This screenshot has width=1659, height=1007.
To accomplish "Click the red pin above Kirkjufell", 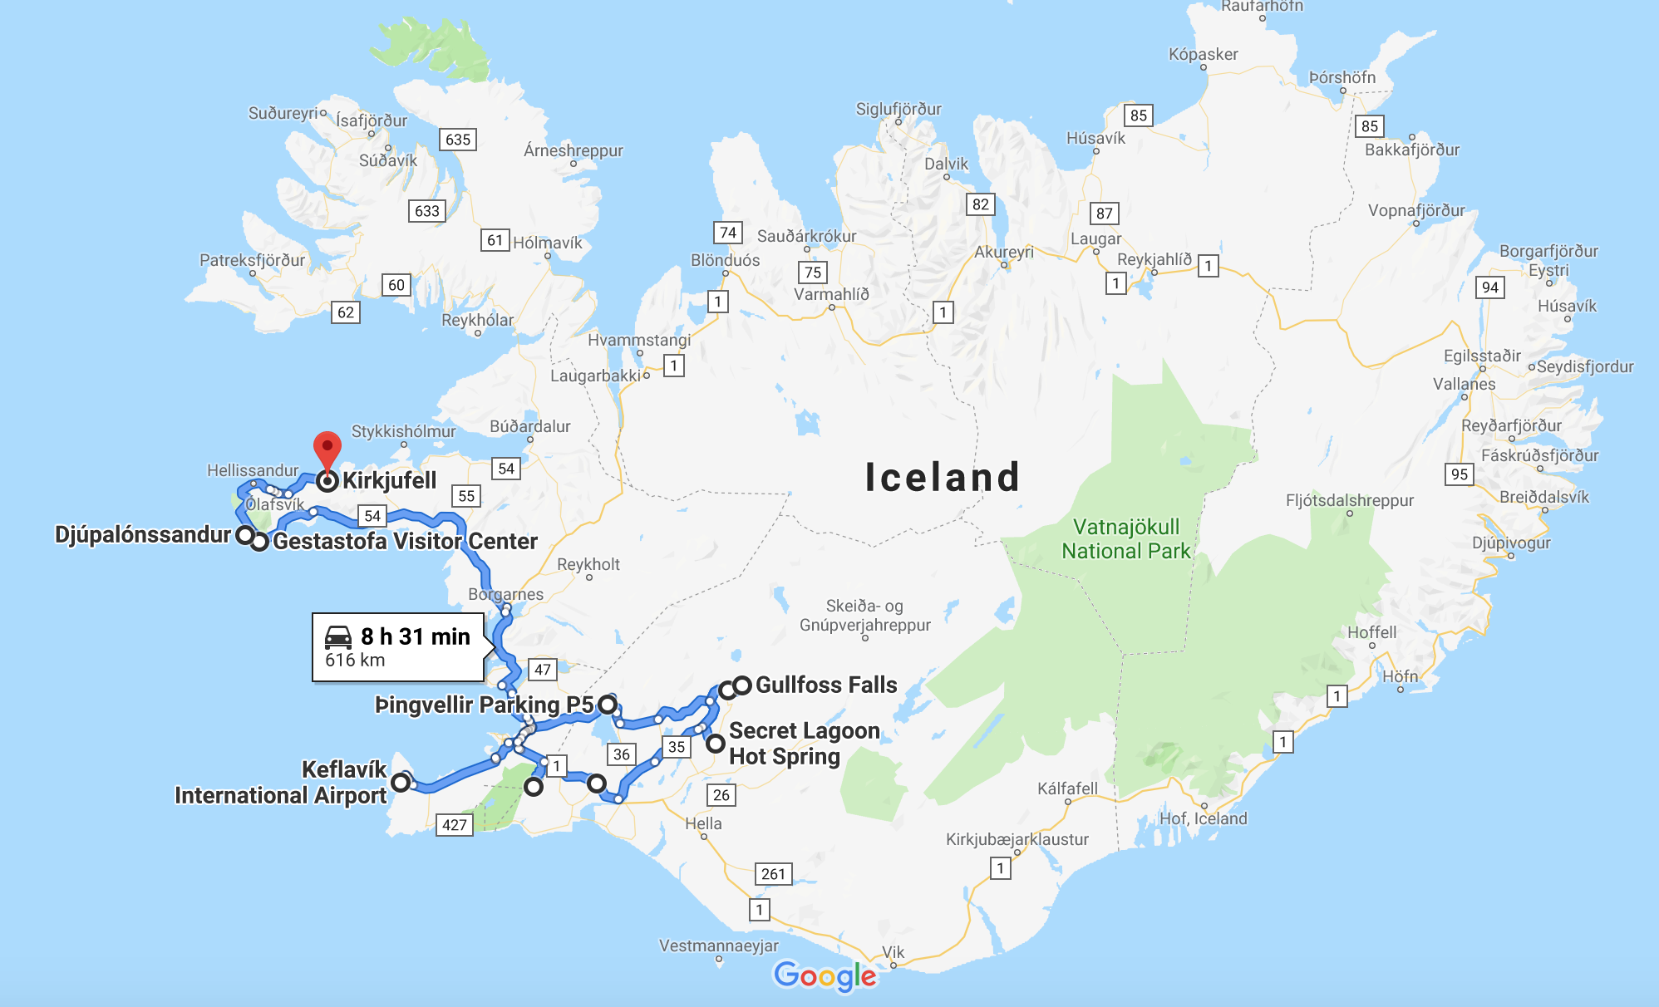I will (x=327, y=449).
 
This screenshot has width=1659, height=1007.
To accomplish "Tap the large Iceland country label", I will (x=942, y=477).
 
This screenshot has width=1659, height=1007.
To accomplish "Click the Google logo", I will (x=825, y=975).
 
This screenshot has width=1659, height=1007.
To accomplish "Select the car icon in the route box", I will (x=338, y=636).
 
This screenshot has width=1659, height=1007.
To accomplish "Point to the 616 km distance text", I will (x=355, y=661).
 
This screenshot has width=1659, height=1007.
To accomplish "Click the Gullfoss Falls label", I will (x=825, y=685).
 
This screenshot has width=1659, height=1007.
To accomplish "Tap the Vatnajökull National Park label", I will (x=1125, y=539).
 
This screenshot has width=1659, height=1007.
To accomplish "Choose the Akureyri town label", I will (x=1004, y=252).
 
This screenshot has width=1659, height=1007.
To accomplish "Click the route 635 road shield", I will (x=457, y=140).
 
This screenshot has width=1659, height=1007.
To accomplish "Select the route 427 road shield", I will (x=454, y=824).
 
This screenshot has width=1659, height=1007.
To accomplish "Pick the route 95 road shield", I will (x=1459, y=474).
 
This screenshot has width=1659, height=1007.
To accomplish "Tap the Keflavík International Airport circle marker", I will (x=401, y=782).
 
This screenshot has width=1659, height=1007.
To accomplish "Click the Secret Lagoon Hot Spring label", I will (x=803, y=743).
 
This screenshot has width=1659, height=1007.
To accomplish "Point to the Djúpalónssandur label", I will (x=142, y=534).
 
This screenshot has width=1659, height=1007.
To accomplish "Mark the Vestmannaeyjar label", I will (x=718, y=946).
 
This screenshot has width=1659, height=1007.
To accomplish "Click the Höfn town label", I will (x=1400, y=676).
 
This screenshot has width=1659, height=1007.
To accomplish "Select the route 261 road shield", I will (x=773, y=873).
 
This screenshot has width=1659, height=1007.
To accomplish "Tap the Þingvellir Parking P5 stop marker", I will (x=608, y=705).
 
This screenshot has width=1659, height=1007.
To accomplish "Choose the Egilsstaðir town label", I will (x=1482, y=356).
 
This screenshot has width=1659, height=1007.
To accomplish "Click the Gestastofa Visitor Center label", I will (x=405, y=541).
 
